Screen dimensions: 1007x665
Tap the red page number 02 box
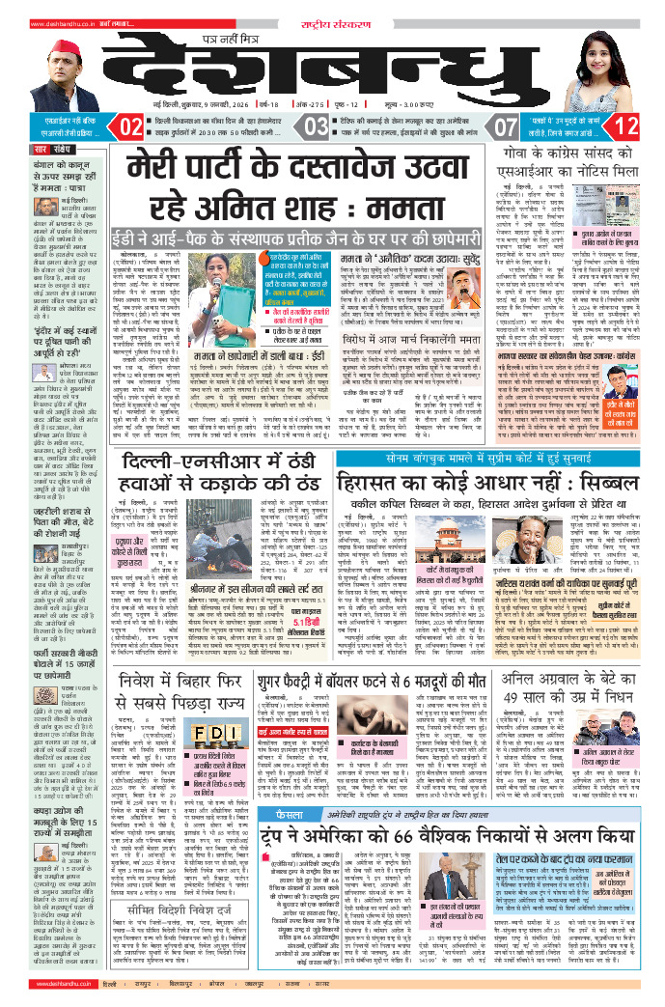tap(127, 126)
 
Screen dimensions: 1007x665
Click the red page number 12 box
tap(625, 126)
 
